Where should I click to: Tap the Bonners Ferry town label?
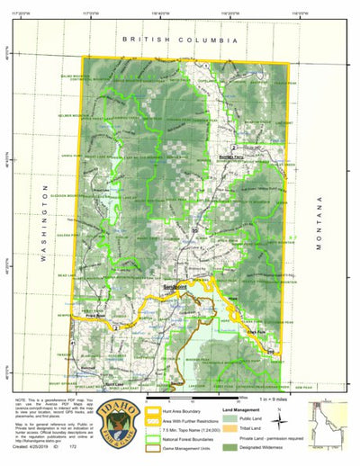[231, 157]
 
